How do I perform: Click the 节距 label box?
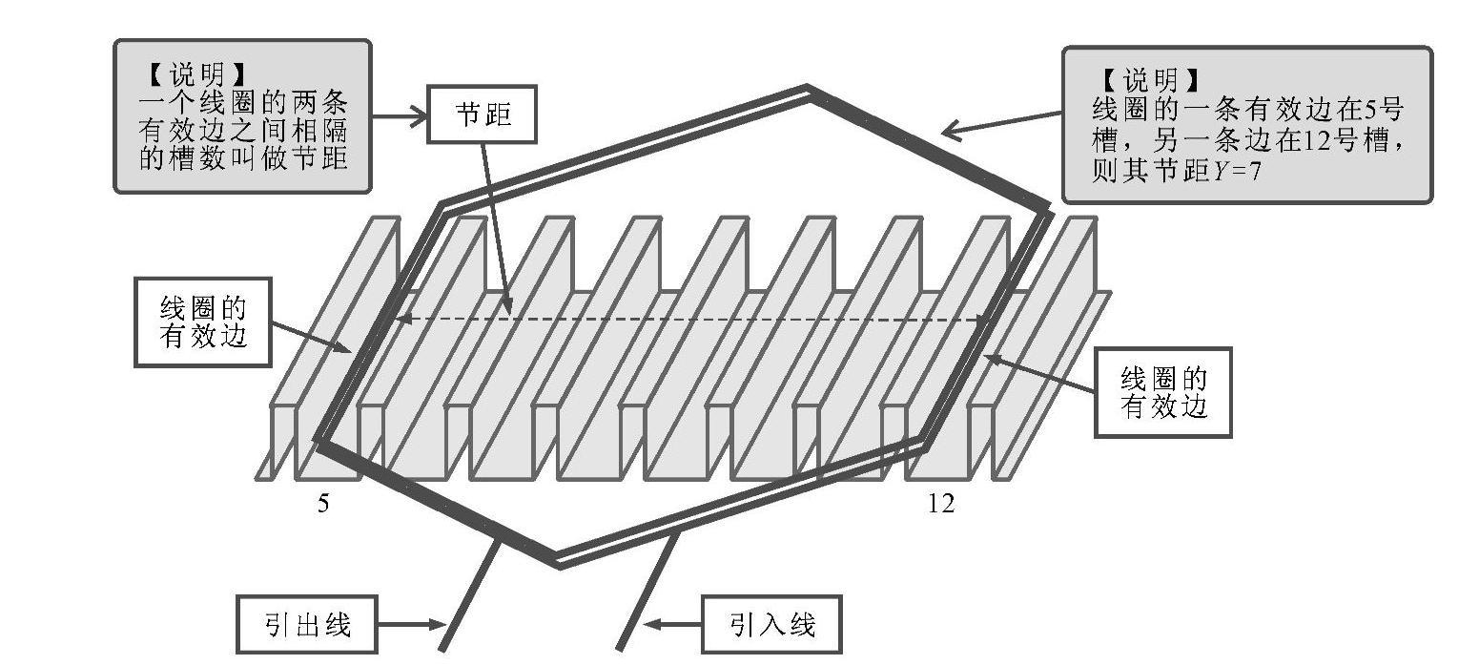coord(483,115)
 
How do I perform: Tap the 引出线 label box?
coord(307,626)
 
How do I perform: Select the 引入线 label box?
coord(772,626)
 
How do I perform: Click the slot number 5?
coord(324,504)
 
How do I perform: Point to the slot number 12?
coord(940,504)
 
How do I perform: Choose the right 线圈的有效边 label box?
coord(1162,392)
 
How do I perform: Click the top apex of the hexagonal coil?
coord(808,90)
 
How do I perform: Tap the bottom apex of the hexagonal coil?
coord(558,562)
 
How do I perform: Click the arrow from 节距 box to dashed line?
coord(497,229)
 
